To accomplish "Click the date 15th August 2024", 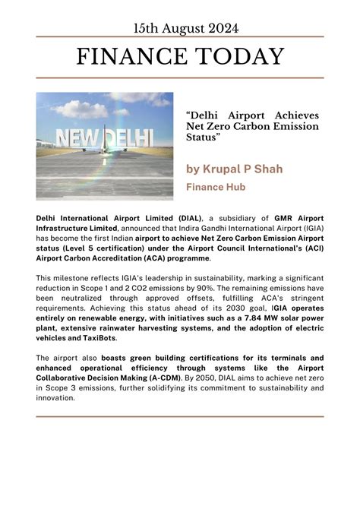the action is coord(180,28).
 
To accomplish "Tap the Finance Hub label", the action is coord(213,185).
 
